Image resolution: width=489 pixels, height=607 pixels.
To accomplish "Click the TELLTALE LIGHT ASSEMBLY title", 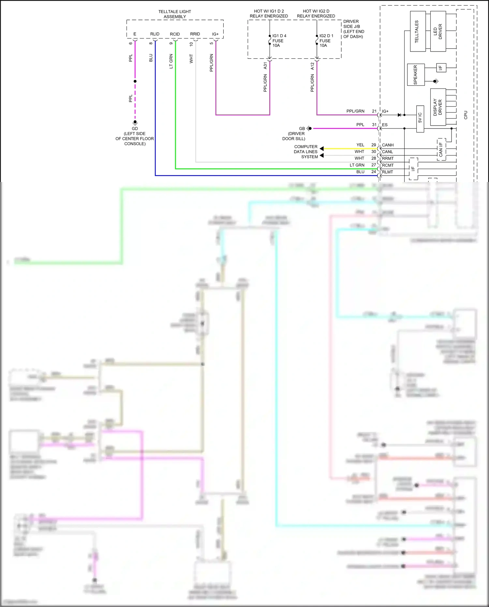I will coord(175,14).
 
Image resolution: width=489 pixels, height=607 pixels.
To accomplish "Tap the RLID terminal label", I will coord(155,34).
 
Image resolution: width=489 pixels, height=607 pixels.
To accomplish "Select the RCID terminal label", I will coord(175,34).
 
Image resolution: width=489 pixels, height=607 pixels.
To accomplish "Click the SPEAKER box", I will coord(416,75).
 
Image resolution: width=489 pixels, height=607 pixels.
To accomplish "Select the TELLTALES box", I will coord(417,31).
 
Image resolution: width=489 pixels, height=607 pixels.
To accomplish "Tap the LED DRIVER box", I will coord(438,31).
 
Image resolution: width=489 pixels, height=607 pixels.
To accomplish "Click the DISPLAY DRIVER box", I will coord(438,107).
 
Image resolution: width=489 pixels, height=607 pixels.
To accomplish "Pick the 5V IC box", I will coord(420,119).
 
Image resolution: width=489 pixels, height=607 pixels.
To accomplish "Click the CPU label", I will coord(466,115).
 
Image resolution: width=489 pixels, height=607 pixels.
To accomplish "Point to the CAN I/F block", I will coord(441,149).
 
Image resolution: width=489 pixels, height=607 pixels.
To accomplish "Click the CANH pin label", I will coord(388,145).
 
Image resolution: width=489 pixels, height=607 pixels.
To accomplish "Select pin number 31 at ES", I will coord(374,125).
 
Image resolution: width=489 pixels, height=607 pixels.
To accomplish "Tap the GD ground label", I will coord(135,129).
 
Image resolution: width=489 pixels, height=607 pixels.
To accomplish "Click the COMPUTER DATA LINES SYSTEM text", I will coord(306,152).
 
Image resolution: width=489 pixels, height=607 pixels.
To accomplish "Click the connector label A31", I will coord(265,66).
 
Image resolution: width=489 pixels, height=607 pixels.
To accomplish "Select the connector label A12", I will coord(312,66).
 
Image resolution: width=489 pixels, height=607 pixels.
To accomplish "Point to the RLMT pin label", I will coord(387,172).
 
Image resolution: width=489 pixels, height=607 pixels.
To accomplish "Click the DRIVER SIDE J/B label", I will coord(353,29).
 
